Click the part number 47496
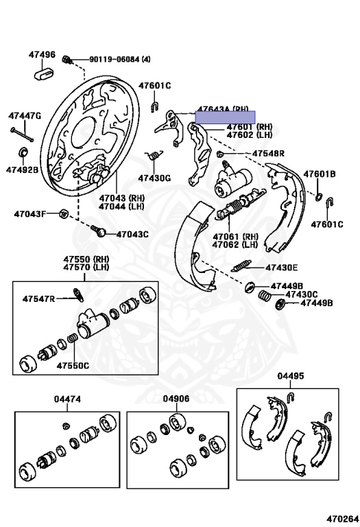tap(42, 54)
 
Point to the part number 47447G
tap(25, 116)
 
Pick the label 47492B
tap(23, 169)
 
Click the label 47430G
tap(154, 178)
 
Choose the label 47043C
tap(132, 234)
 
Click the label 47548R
tap(267, 154)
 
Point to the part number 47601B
tap(320, 174)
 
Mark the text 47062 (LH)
tap(235, 244)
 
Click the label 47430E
tap(281, 268)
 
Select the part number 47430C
tap(302, 294)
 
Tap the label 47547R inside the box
tap(38, 299)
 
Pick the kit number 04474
tap(68, 399)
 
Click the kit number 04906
tap(176, 399)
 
